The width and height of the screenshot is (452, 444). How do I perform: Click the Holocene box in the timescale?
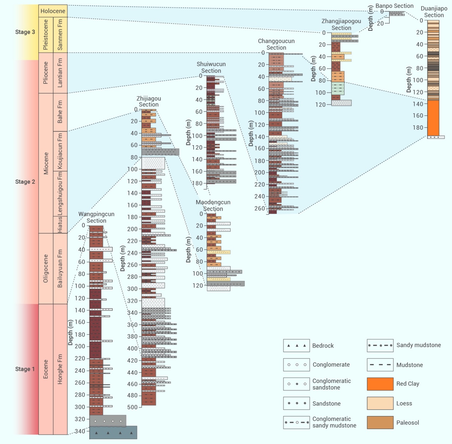point(53,11)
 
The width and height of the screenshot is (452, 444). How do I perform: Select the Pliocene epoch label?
point(46,73)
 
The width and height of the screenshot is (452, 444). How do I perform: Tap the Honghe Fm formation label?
point(60,369)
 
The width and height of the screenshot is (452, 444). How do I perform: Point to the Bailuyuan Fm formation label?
point(60,269)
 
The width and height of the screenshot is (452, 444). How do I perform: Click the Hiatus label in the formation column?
point(60,225)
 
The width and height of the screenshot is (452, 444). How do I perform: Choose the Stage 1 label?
point(25,369)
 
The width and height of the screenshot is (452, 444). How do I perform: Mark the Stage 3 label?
point(25,32)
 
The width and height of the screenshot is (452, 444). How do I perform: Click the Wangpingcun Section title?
point(96,217)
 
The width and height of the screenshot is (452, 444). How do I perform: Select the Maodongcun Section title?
point(213,205)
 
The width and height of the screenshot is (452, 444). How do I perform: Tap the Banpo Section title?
point(394,6)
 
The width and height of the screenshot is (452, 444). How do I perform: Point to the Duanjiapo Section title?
point(434,12)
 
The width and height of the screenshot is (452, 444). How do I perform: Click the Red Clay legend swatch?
point(380,384)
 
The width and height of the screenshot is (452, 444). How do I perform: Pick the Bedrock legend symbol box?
point(296,346)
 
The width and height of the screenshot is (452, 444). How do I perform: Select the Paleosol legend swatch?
point(380,423)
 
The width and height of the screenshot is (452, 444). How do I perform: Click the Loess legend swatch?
point(380,403)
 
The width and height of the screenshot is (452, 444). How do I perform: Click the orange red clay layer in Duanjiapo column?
point(433,118)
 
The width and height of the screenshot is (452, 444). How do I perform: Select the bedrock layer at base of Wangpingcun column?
point(113,432)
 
